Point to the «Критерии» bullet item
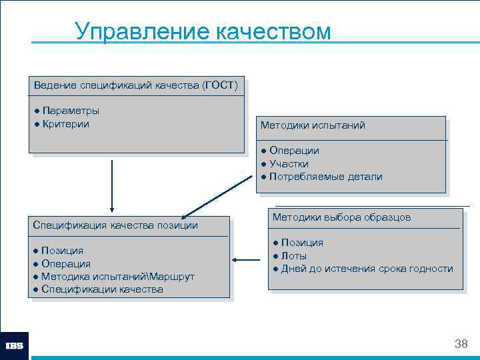click(65, 123)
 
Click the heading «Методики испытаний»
click(313, 125)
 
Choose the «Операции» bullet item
click(294, 151)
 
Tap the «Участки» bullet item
click(289, 163)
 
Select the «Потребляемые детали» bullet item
click(325, 177)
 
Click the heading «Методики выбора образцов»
click(341, 217)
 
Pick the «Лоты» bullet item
click(293, 255)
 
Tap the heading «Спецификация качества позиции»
click(115, 225)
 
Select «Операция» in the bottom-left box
click(66, 263)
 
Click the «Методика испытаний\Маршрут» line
click(117, 276)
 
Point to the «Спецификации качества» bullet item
click(102, 289)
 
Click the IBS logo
click(15, 345)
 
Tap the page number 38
click(460, 344)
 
